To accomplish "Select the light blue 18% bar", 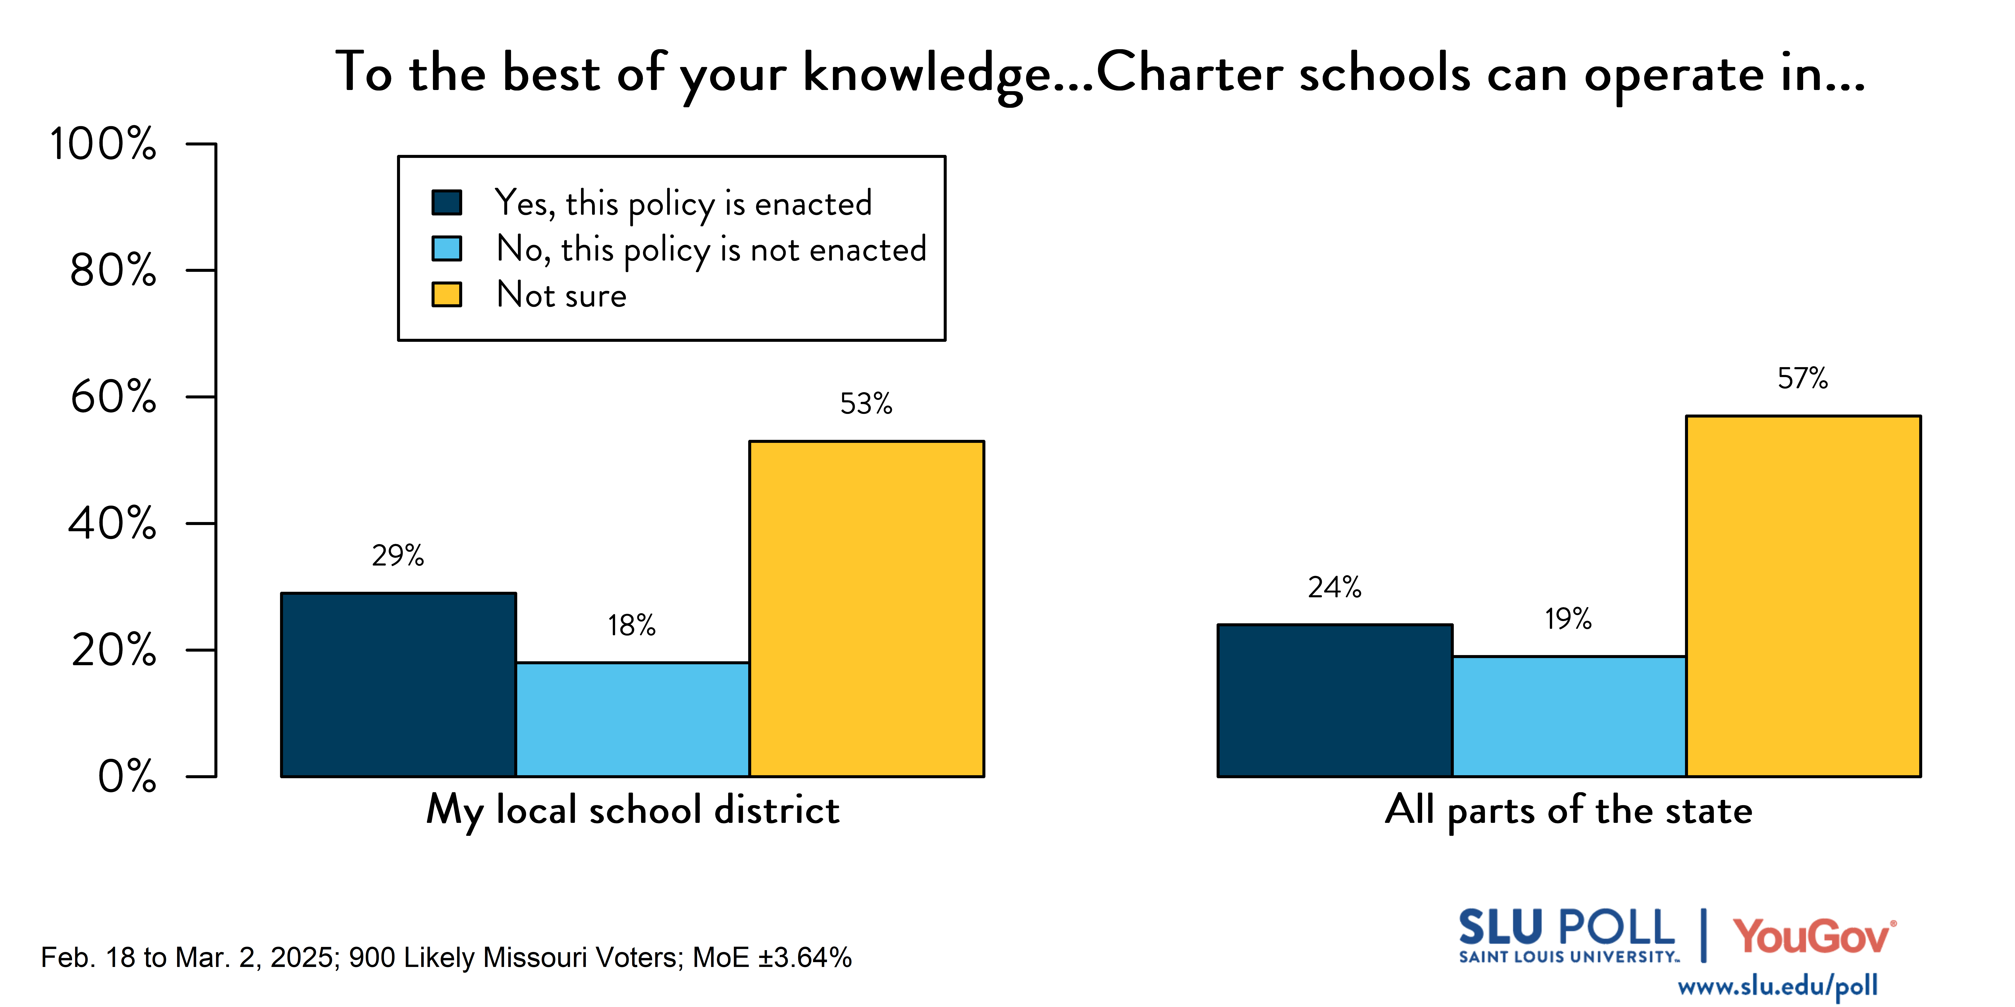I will tap(632, 719).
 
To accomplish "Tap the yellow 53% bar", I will tap(866, 608).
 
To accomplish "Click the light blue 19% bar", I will tap(1568, 716).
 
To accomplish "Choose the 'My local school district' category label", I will tap(632, 810).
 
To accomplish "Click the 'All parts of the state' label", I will tap(1568, 810).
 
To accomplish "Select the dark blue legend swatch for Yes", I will tap(447, 203).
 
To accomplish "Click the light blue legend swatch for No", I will tap(447, 249).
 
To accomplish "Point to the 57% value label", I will tap(1802, 378).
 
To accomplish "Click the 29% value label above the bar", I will tap(397, 556).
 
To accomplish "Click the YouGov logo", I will tap(1813, 936).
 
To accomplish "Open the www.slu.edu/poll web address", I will tap(1777, 986).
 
